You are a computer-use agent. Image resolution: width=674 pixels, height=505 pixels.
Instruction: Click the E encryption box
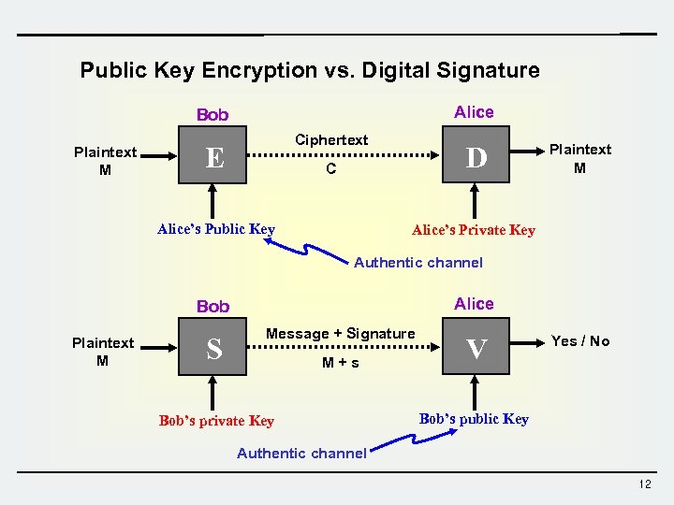[214, 157]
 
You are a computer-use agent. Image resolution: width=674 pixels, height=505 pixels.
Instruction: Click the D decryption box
[476, 157]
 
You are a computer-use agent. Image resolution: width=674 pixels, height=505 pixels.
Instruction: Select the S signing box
[214, 349]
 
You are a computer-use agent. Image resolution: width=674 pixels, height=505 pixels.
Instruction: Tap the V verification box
[476, 349]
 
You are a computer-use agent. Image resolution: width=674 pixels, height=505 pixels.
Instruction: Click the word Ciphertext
[331, 140]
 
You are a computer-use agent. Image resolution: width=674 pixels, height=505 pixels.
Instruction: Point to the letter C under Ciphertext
[330, 170]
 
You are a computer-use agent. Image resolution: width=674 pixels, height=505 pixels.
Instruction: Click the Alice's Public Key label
[216, 229]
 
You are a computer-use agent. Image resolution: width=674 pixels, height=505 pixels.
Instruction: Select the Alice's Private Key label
[474, 230]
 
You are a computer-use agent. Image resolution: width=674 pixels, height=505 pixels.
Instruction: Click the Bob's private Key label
[216, 421]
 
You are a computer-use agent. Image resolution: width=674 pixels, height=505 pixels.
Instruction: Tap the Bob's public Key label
[474, 419]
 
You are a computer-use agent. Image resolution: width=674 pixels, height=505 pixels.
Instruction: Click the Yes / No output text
[580, 341]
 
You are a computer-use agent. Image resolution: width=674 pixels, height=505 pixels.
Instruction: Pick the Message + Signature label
[341, 334]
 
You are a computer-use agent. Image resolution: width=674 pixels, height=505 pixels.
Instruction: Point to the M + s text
[341, 363]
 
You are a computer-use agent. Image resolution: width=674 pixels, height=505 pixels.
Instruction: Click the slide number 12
[644, 484]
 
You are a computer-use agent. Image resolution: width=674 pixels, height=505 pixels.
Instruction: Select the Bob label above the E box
[212, 115]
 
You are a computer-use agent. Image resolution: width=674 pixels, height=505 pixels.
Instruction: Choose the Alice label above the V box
[474, 303]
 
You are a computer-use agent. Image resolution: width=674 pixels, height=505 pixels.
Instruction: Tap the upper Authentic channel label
[418, 263]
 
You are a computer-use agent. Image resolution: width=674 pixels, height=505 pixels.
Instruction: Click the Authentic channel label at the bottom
[301, 454]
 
